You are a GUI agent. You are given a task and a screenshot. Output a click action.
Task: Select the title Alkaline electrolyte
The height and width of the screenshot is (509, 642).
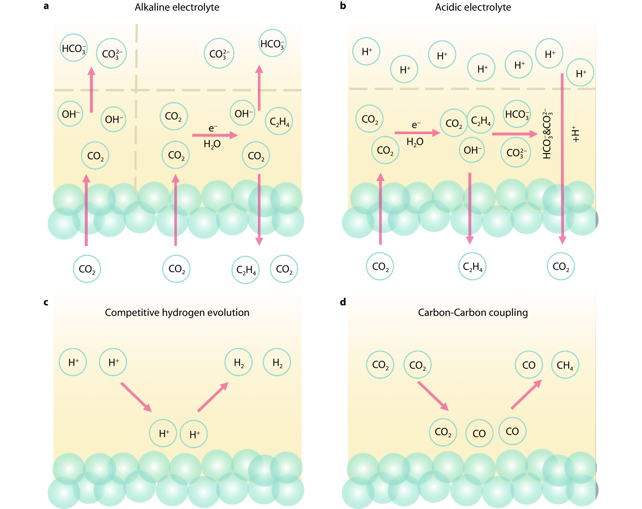pyautogui.click(x=177, y=7)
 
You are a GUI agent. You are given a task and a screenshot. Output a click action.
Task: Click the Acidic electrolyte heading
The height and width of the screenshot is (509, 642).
pyautogui.click(x=473, y=7)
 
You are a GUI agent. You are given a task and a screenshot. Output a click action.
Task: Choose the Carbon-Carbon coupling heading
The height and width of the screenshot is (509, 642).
pyautogui.click(x=473, y=312)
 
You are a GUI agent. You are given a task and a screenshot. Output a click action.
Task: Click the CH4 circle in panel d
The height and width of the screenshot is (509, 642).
pyautogui.click(x=565, y=365)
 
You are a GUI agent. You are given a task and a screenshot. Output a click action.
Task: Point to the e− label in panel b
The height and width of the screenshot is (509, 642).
pyautogui.click(x=416, y=125)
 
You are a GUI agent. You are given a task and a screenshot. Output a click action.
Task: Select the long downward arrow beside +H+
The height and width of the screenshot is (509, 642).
pyautogui.click(x=562, y=158)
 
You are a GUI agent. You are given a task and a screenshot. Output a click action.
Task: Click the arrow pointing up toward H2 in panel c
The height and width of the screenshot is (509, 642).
pyautogui.click(x=213, y=397)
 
